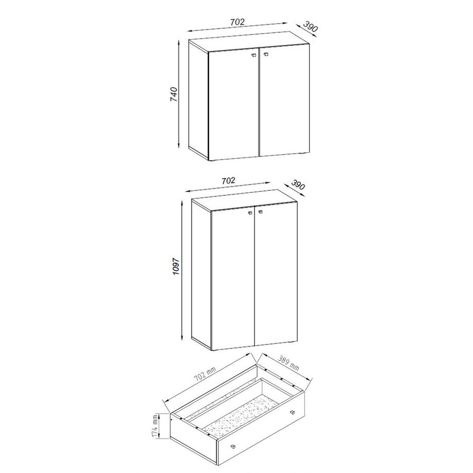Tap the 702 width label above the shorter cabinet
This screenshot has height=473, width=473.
coord(238,22)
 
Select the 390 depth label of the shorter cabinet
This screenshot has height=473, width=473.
coord(310,27)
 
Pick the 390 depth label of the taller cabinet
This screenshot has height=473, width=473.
coord(298,185)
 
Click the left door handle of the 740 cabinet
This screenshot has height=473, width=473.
coord(253,55)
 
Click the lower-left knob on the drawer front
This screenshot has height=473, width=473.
coord(232,445)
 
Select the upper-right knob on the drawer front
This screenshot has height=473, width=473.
coord(293,412)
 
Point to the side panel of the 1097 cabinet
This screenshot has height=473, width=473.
coord(201,272)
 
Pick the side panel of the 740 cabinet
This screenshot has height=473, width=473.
coord(198,98)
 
